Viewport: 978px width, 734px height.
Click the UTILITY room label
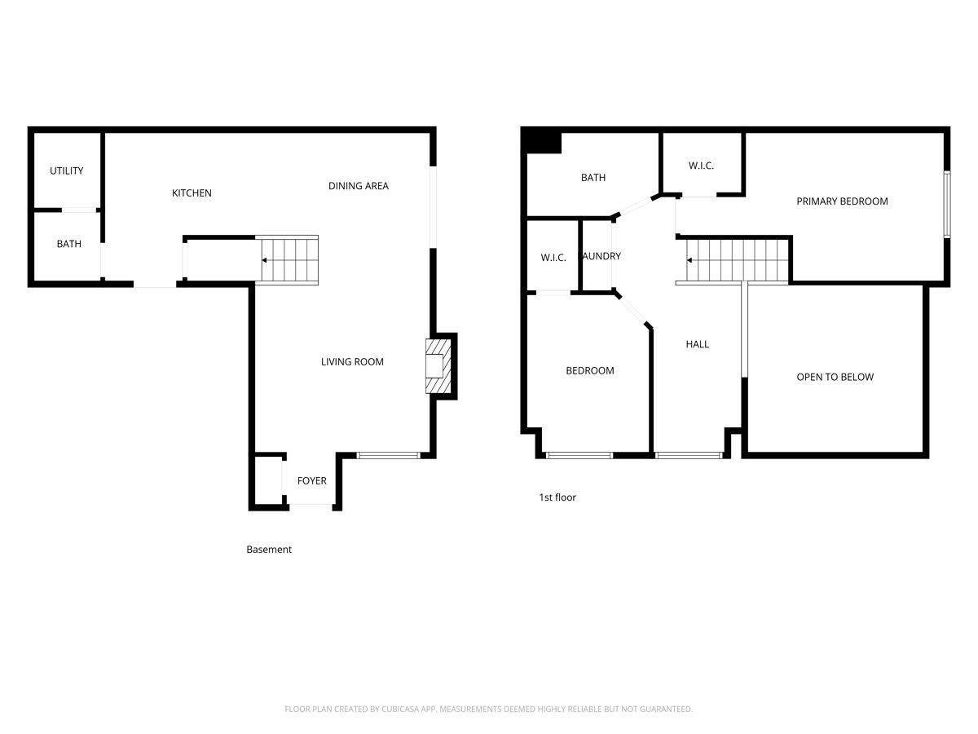(67, 171)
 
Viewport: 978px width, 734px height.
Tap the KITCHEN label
(192, 193)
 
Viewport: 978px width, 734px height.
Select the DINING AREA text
(359, 186)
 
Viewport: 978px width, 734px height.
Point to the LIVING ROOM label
(352, 362)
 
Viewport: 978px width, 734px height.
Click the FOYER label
(311, 481)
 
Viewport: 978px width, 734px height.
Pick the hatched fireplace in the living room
(436, 366)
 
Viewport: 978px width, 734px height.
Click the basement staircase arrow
(265, 261)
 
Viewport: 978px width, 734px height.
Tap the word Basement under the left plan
(269, 550)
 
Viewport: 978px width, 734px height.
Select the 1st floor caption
(557, 497)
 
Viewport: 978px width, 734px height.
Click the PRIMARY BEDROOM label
(842, 201)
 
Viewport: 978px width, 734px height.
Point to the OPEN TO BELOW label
(835, 378)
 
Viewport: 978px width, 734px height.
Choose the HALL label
(697, 344)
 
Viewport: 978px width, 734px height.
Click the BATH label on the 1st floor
(593, 178)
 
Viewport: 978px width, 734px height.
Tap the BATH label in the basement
(68, 244)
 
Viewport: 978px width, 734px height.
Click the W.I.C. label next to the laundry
(553, 258)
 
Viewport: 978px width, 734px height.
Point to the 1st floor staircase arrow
(690, 261)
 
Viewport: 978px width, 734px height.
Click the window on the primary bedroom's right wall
(947, 204)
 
